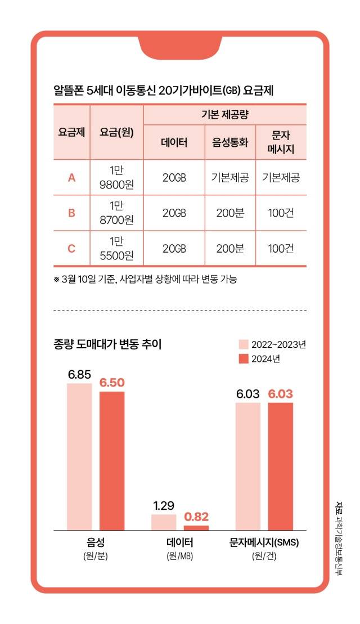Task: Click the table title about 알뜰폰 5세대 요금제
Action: point(163,91)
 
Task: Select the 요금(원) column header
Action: point(116,133)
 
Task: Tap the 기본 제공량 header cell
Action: point(225,115)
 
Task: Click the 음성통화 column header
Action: point(230,141)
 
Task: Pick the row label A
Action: point(71,178)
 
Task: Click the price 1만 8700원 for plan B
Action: point(116,213)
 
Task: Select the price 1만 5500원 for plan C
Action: point(116,248)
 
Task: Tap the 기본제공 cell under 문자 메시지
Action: point(281,178)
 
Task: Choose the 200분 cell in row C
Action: point(230,248)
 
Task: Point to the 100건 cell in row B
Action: point(281,213)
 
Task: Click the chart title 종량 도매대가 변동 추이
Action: point(107,344)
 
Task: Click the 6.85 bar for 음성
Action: point(79,456)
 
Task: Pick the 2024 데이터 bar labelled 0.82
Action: point(196,527)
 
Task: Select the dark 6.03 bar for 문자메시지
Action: point(281,466)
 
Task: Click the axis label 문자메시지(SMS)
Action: point(264,544)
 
